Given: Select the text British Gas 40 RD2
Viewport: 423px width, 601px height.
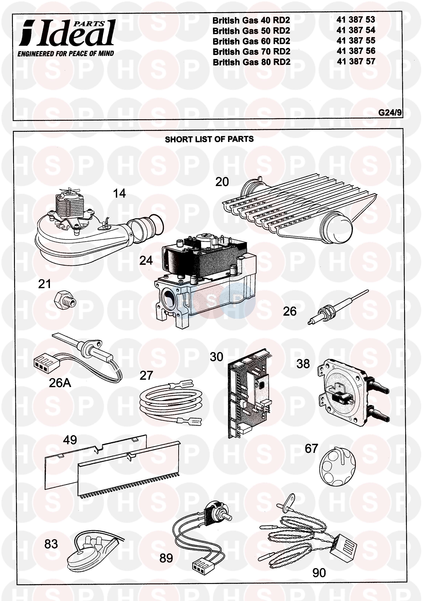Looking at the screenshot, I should (x=251, y=20).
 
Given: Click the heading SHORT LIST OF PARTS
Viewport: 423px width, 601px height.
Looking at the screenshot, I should (x=209, y=139).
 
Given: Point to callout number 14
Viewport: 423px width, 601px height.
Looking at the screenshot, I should (x=119, y=194).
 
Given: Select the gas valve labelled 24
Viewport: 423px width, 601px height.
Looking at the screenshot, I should (x=204, y=280).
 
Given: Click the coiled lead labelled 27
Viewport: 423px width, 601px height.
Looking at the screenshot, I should (x=170, y=402).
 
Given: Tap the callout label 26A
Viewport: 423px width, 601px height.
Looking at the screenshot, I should (x=60, y=383).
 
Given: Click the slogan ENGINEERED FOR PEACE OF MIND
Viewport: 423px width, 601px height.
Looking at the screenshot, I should (x=66, y=54).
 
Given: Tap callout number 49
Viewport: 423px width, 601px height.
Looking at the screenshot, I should (x=70, y=440).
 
